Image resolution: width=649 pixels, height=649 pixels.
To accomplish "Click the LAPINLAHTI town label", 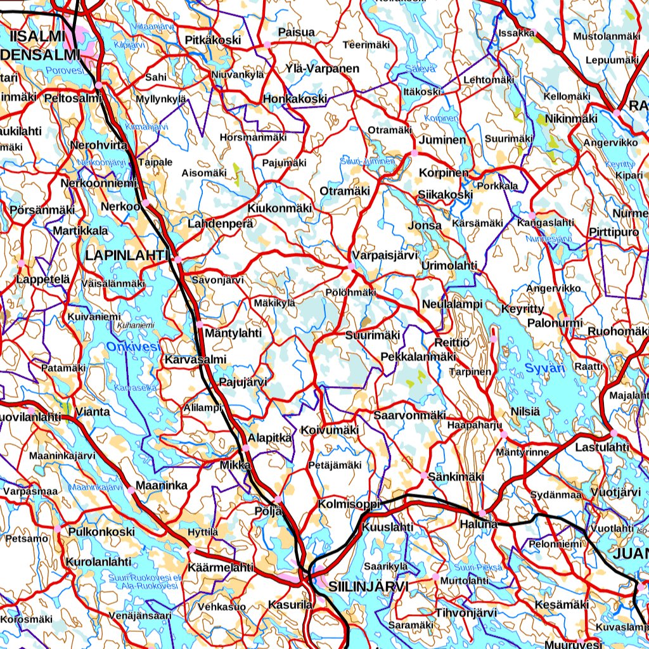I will (126, 255).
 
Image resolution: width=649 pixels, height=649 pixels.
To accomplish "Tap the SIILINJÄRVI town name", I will (368, 586).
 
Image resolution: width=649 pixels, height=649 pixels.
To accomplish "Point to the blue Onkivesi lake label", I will (133, 347).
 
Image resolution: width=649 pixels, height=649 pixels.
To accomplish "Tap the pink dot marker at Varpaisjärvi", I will (352, 267).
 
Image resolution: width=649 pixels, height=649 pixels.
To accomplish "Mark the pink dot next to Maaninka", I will (131, 490).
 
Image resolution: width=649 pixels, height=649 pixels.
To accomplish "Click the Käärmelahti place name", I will (221, 567).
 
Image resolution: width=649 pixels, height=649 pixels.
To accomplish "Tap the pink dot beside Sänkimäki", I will (423, 475).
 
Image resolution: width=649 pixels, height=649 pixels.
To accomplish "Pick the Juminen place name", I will (442, 140).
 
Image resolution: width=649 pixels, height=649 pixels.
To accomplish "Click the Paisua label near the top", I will (296, 32).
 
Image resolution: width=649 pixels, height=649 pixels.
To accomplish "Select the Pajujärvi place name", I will (243, 382).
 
